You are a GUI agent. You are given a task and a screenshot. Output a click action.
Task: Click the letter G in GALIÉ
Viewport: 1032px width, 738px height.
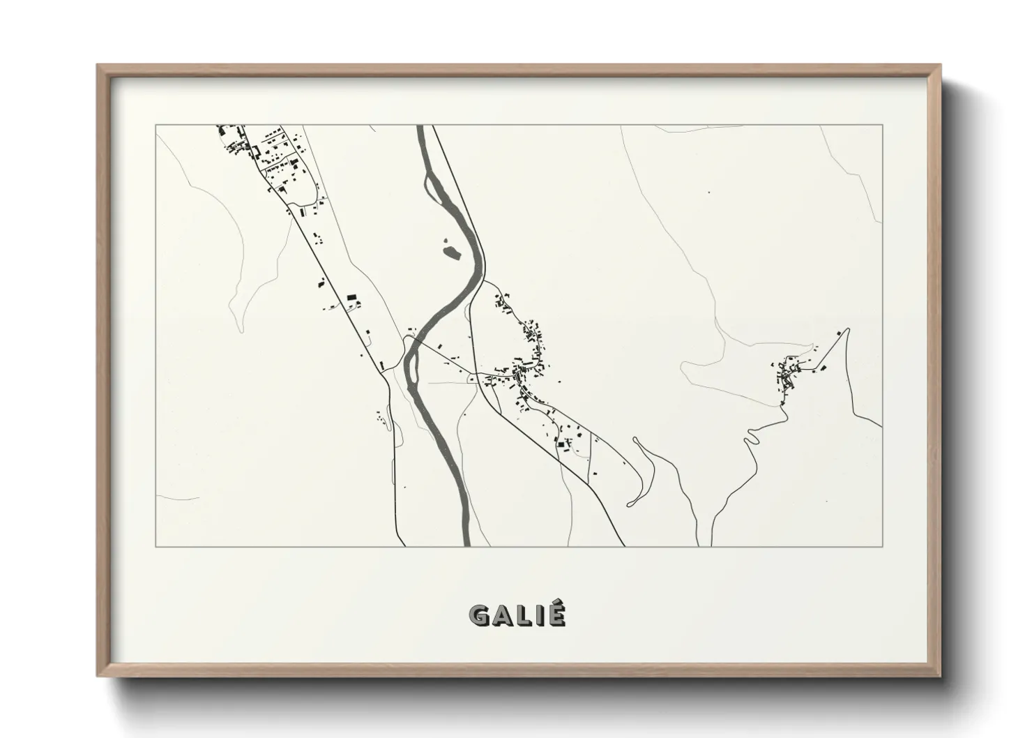[480, 615]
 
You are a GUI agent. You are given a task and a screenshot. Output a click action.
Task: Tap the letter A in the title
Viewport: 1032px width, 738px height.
[503, 615]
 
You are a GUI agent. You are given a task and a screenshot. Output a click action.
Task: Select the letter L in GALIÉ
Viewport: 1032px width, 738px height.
[524, 615]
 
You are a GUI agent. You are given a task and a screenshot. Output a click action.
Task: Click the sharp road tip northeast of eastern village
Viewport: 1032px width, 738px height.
[847, 329]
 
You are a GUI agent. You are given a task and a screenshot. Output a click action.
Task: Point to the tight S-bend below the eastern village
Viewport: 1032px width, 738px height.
[752, 437]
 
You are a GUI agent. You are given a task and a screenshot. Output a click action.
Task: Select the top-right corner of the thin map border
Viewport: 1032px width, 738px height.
[882, 125]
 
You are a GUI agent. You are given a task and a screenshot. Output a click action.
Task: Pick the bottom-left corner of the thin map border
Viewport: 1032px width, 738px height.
[155, 546]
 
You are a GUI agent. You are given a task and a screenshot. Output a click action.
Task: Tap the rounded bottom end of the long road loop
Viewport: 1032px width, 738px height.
[631, 503]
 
